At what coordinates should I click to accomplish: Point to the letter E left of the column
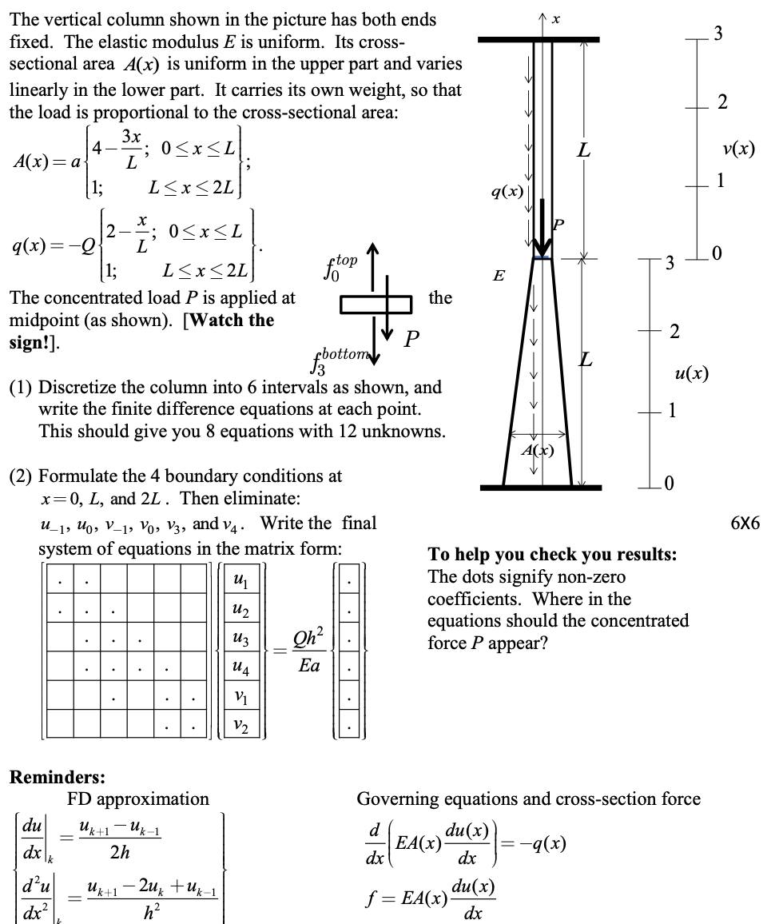tap(499, 276)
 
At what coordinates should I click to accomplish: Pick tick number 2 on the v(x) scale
tap(721, 102)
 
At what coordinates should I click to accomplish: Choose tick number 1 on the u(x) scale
tap(673, 411)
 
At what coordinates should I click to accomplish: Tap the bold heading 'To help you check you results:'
tap(552, 555)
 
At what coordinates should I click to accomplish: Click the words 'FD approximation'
tap(138, 799)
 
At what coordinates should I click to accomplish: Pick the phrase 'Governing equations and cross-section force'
tap(528, 799)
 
